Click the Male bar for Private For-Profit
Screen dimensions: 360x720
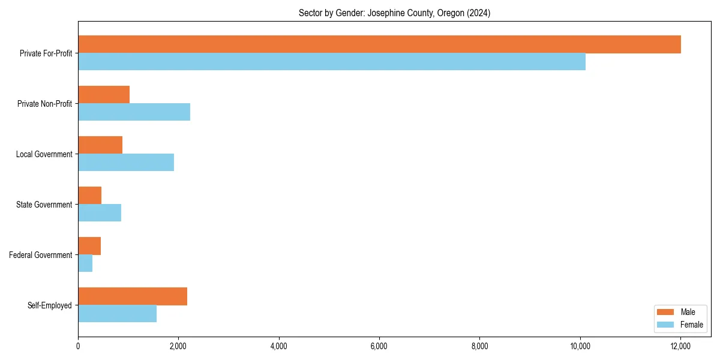coord(379,44)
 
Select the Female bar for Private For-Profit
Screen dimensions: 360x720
coord(332,62)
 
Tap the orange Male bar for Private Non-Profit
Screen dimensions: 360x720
coord(104,95)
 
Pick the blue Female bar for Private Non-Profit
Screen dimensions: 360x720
coord(134,112)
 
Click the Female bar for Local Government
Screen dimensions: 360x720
coord(126,163)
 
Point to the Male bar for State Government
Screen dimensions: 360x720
coord(90,196)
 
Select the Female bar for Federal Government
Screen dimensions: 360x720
coord(85,263)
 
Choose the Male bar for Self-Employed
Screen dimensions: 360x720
coord(133,296)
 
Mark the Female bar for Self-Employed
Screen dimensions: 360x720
coord(118,314)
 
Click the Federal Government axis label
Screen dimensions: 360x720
coord(41,255)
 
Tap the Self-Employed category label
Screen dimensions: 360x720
coord(50,305)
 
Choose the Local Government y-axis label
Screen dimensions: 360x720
coord(44,154)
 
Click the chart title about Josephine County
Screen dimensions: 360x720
coord(394,13)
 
